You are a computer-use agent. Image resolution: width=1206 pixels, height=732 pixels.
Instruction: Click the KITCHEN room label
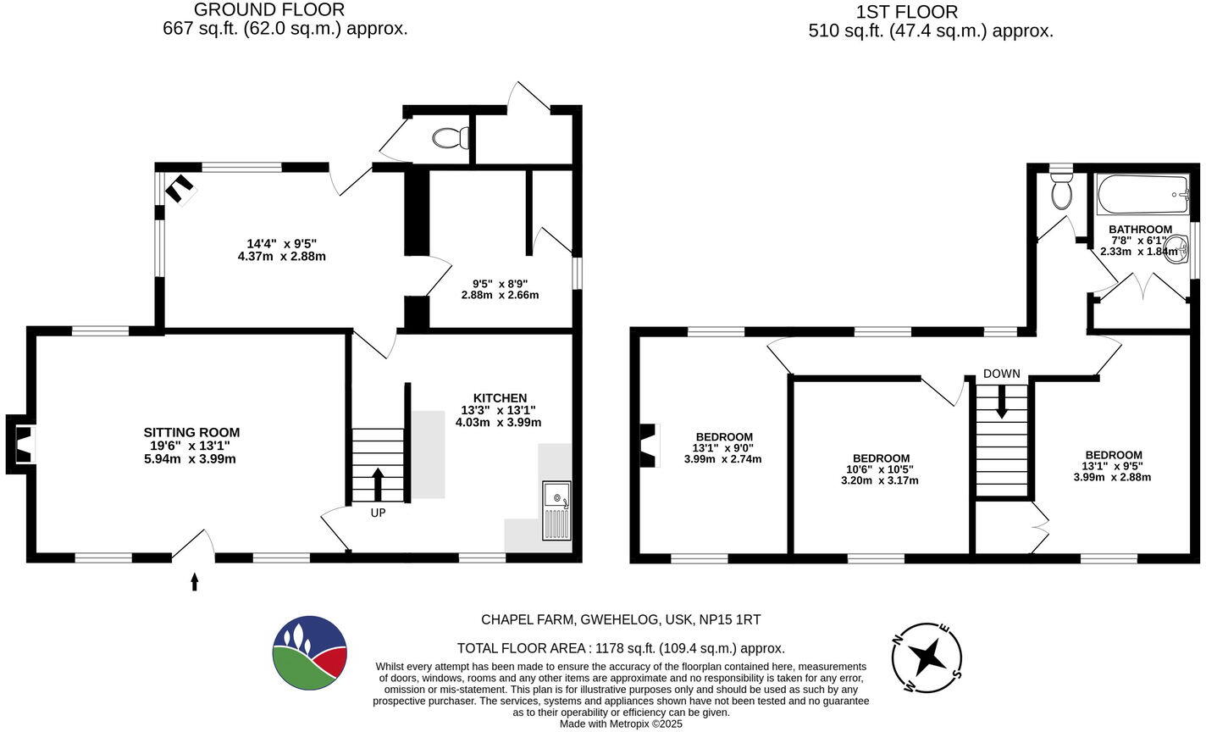[500, 398]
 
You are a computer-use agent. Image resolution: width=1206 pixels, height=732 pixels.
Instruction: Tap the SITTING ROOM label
[191, 433]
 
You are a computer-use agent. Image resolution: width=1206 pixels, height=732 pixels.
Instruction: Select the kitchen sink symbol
[556, 511]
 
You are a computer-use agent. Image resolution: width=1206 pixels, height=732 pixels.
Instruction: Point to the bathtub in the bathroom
[1143, 195]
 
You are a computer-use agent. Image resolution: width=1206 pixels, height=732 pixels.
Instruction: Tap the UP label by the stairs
[378, 513]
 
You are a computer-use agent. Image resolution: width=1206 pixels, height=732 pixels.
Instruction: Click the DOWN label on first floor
[1002, 374]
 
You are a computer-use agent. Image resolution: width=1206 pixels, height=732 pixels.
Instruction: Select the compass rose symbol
[927, 657]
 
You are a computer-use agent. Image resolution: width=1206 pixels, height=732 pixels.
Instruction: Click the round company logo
[310, 653]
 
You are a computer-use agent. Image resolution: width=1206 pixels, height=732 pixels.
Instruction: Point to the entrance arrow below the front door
[195, 581]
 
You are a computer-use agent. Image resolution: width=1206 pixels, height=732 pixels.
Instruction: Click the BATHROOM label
[1140, 230]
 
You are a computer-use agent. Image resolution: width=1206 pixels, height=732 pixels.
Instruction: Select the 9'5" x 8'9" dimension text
[500, 283]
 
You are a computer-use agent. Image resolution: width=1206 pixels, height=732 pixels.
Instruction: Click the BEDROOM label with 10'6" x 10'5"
[881, 458]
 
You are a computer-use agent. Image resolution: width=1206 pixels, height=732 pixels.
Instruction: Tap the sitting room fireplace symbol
[23, 445]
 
